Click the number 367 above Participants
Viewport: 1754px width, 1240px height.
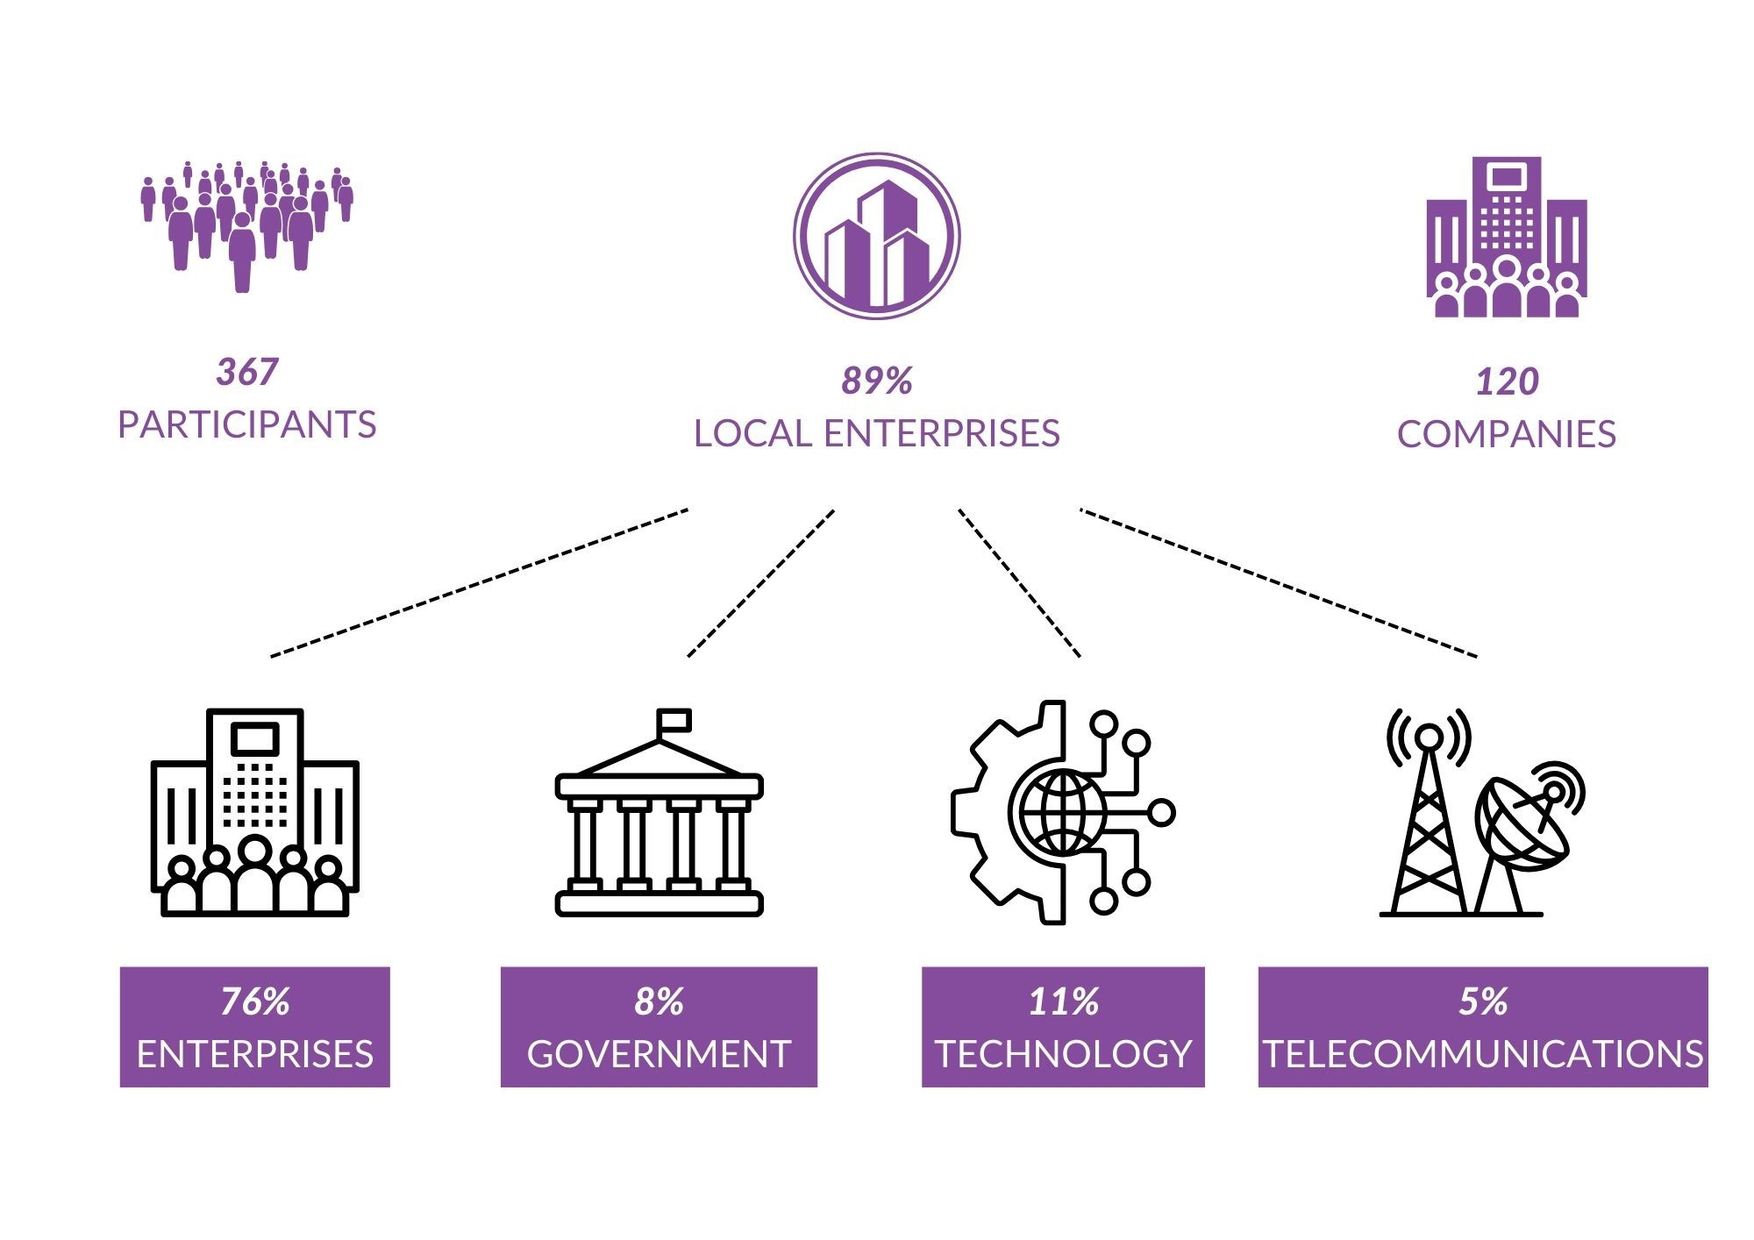click(246, 372)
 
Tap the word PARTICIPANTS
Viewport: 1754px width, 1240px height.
click(246, 424)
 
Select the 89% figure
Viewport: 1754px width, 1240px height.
click(877, 381)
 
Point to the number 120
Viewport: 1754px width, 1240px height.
click(1507, 381)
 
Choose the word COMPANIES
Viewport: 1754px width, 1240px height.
click(1507, 434)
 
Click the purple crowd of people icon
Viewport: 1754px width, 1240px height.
click(247, 226)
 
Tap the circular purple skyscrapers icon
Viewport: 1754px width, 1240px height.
click(877, 236)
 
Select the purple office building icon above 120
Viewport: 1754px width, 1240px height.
click(1507, 237)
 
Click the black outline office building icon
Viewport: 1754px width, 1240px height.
click(255, 813)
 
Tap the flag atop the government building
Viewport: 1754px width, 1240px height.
click(674, 721)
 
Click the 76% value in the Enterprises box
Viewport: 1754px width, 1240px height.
click(255, 1001)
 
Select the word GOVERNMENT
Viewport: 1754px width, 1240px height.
click(659, 1054)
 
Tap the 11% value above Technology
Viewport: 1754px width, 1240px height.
click(1063, 1001)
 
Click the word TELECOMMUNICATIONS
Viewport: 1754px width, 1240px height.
click(1483, 1054)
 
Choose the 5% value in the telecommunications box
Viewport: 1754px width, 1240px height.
click(1483, 1001)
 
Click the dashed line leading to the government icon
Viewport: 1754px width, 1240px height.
click(760, 583)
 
